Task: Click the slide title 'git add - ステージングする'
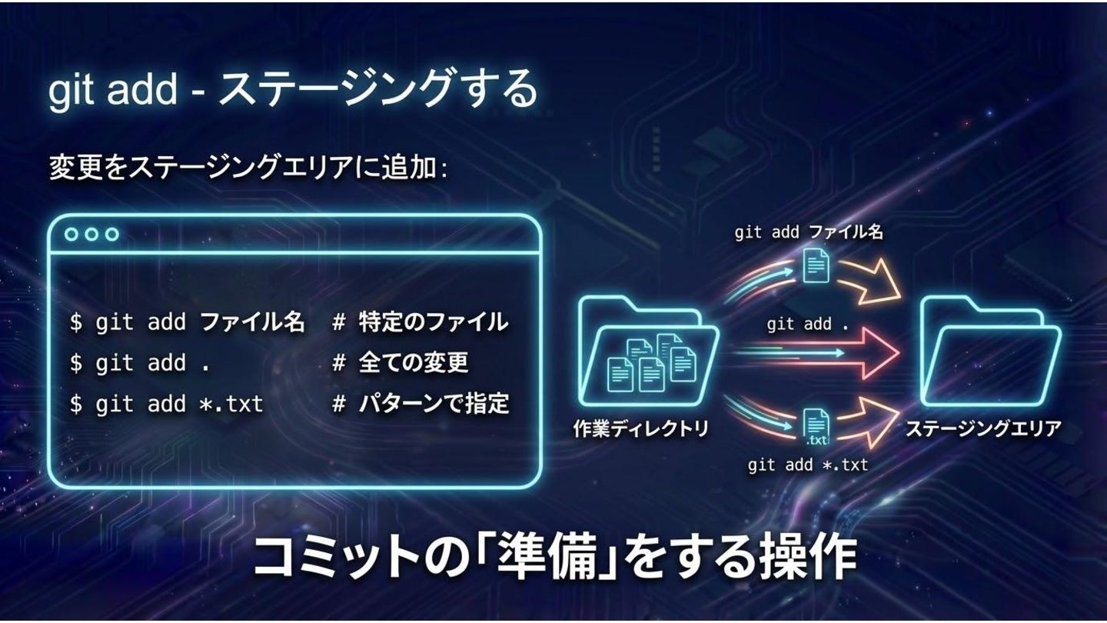pos(292,89)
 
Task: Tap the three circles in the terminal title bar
pos(91,235)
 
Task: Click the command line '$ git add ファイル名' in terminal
pos(187,322)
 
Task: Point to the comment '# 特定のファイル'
pos(420,322)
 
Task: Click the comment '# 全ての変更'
pos(400,363)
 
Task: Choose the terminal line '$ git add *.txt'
pos(166,404)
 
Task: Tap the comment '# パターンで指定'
pos(420,404)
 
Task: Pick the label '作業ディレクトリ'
pos(641,429)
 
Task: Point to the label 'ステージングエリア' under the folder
pos(982,429)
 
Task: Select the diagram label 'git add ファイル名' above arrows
pos(808,232)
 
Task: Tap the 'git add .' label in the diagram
pos(807,325)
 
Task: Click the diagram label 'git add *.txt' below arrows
pos(807,465)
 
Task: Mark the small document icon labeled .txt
pos(816,428)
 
